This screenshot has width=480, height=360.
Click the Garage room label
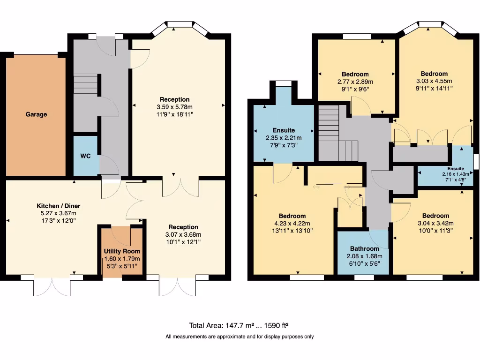click(36, 114)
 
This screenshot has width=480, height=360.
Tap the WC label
click(85, 156)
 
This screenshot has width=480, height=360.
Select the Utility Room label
click(122, 251)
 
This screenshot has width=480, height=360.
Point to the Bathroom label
click(365, 248)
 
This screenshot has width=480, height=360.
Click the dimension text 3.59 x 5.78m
click(175, 106)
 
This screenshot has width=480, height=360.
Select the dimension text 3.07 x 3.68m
click(183, 234)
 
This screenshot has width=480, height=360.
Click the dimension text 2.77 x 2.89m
click(355, 82)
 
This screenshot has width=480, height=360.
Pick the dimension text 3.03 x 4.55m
click(434, 81)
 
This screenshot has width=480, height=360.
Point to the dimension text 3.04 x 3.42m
click(435, 223)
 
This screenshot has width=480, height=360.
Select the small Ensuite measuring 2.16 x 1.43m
click(455, 168)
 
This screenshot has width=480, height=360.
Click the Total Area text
click(241, 326)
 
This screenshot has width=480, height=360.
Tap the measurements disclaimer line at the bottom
click(240, 337)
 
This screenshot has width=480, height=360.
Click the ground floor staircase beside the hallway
click(85, 85)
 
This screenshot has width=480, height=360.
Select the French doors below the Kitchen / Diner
click(52, 285)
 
